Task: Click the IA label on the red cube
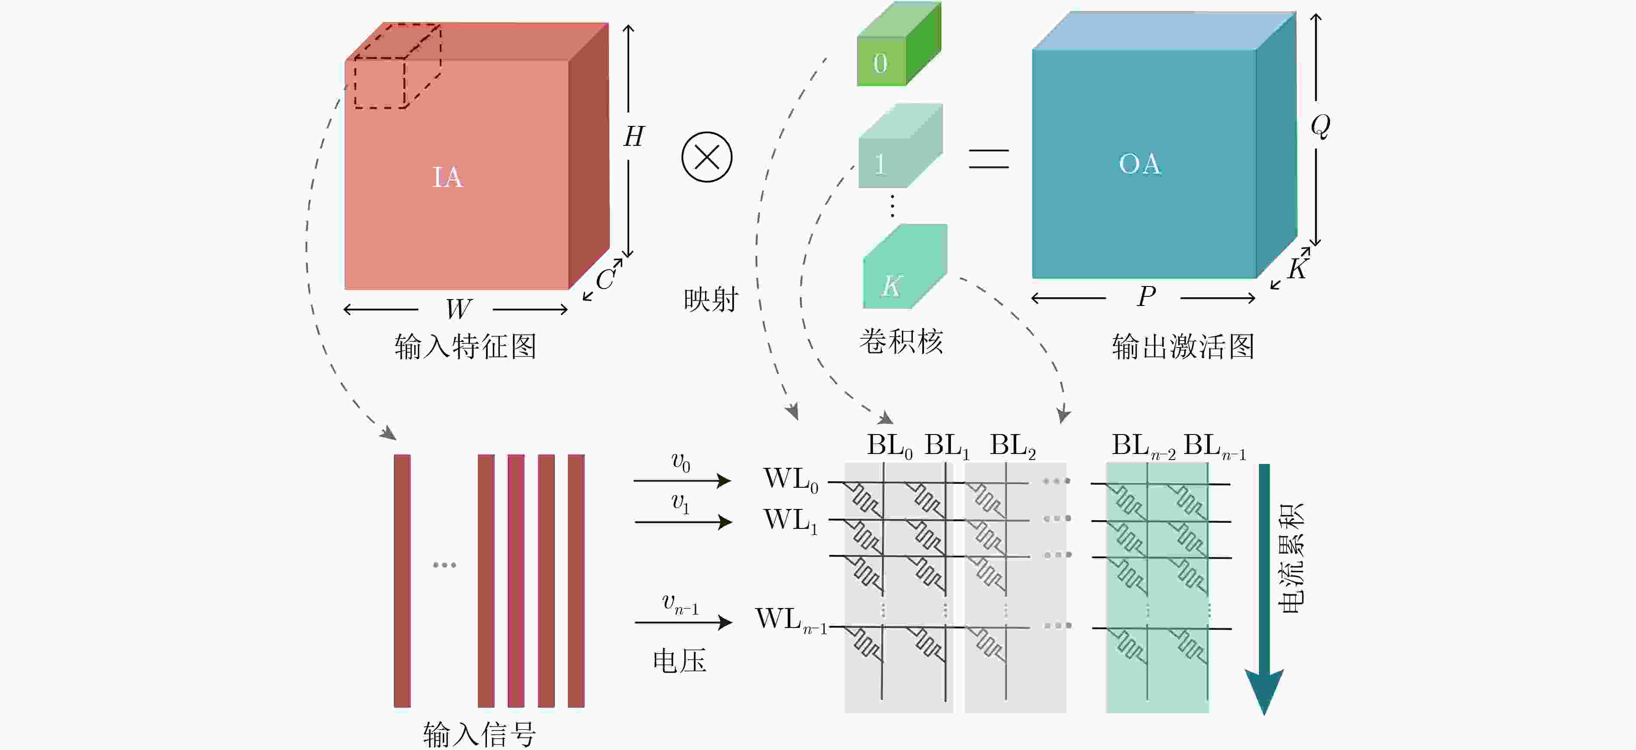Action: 448,177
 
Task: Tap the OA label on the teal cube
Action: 1140,164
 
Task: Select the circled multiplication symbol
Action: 707,157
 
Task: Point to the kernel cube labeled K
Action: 905,267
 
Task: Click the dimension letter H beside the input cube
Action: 634,136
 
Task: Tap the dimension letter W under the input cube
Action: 458,309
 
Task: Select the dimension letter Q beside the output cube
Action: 1320,126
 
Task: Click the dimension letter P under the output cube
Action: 1146,296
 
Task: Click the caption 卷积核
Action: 901,341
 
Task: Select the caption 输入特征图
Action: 466,347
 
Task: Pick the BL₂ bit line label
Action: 1013,445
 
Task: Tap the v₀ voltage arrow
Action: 683,481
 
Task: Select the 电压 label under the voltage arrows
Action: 680,661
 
